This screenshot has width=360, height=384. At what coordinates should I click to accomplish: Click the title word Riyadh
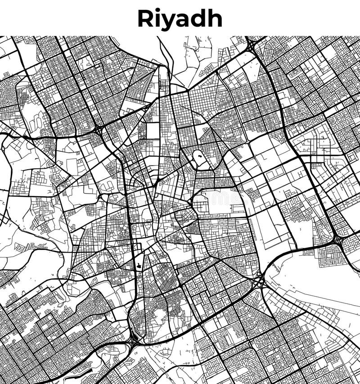[180, 19]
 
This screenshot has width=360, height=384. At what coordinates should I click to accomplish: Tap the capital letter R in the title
[145, 18]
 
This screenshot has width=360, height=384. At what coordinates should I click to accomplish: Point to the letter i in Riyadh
[157, 18]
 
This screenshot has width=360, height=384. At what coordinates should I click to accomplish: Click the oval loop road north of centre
[198, 158]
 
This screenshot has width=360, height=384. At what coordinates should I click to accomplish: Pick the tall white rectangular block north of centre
[153, 131]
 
